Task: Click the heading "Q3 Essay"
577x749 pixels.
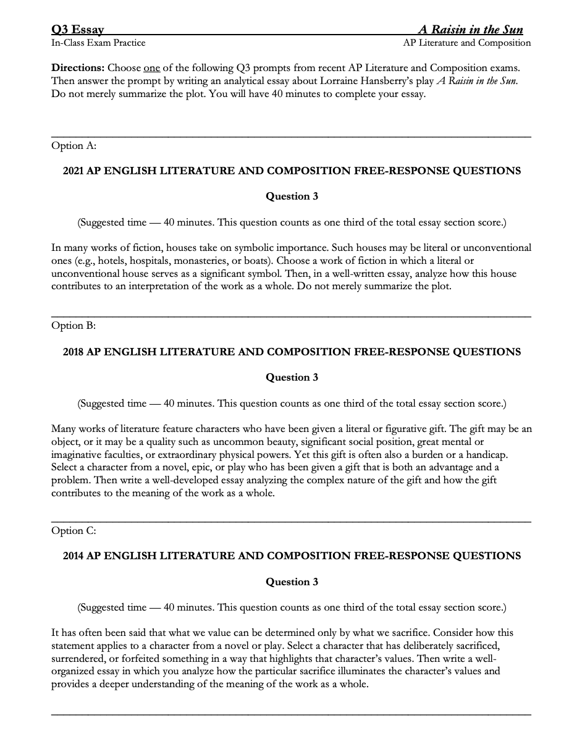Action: click(77, 30)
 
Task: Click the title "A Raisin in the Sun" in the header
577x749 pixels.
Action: click(471, 30)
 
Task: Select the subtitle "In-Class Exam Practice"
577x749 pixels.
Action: click(98, 43)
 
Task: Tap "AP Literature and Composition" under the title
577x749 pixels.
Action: click(466, 43)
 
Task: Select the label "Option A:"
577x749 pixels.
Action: click(74, 145)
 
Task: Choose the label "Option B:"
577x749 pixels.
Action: click(74, 325)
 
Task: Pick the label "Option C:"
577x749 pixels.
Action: click(74, 530)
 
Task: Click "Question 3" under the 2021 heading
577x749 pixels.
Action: click(292, 197)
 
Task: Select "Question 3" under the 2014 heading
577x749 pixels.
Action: click(292, 582)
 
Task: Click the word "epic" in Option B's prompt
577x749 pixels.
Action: click(194, 467)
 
